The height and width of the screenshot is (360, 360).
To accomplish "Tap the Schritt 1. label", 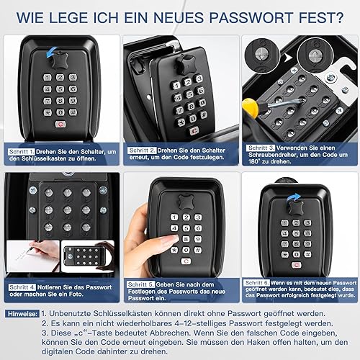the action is [22, 152].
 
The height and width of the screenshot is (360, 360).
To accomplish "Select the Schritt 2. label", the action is [142, 150].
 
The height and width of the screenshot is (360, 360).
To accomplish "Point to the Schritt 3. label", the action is [261, 148].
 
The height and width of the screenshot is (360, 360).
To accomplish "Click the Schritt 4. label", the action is [22, 287].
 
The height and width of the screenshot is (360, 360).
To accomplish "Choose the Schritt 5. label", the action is [141, 284].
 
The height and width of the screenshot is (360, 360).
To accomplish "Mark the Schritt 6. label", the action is [257, 283].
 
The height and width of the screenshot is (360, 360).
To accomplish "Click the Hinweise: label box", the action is [22, 314].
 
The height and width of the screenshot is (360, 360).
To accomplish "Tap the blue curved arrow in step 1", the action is [51, 53].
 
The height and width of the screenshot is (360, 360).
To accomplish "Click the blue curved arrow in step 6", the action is [293, 197].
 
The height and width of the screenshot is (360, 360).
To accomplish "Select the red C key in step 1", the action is [60, 124].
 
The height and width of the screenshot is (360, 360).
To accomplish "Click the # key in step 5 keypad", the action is [198, 250].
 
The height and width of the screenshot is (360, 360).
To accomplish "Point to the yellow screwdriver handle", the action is [251, 107].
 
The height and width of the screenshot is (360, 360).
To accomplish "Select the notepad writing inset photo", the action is [33, 256].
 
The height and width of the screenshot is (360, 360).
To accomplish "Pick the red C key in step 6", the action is [297, 265].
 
